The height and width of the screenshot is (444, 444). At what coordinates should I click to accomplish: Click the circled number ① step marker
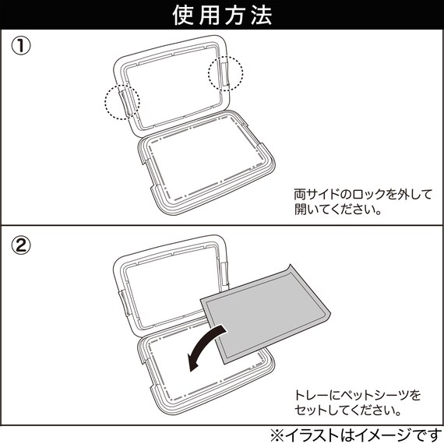point(21,47)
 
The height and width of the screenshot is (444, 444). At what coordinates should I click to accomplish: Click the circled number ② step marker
point(21,245)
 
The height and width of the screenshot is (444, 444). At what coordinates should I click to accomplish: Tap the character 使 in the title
point(184,15)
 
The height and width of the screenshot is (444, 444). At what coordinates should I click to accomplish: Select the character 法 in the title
point(262,15)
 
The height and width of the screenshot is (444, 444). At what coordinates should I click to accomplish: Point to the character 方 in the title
point(235,15)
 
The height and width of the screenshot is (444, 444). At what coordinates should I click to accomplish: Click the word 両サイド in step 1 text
point(316,195)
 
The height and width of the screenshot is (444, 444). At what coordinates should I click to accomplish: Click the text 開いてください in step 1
point(333,210)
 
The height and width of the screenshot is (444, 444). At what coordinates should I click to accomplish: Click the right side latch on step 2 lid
point(225,274)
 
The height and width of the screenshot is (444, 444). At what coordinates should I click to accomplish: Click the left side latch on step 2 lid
point(125,303)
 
